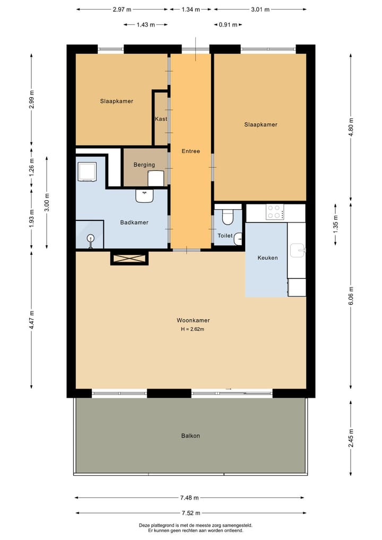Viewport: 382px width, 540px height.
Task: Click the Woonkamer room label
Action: point(193,320)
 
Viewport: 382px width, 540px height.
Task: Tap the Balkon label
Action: point(190,435)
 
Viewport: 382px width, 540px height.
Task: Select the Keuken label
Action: point(267,258)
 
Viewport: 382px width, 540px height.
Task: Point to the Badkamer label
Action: point(134,222)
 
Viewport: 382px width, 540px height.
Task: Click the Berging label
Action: point(144,165)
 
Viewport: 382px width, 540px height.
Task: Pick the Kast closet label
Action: point(161,119)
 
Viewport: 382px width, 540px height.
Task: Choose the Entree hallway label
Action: point(190,151)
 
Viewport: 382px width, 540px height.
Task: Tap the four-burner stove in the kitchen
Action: point(275,212)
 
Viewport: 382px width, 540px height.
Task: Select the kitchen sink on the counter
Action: point(297,251)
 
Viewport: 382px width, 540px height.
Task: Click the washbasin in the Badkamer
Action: point(144,196)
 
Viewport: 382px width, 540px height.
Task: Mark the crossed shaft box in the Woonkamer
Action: point(129,259)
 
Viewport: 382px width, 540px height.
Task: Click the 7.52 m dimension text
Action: point(190,513)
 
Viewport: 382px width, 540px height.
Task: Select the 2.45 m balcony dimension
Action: point(351,438)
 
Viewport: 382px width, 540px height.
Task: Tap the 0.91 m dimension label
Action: point(228,25)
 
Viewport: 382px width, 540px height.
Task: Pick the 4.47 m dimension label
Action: point(32,320)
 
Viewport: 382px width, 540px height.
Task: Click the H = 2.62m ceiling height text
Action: point(193,329)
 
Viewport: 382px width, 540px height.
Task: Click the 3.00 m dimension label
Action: point(47,202)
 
